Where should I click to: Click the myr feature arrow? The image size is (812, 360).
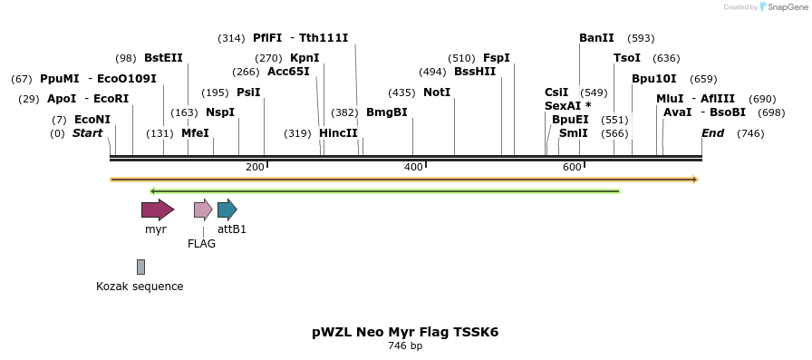tap(157, 210)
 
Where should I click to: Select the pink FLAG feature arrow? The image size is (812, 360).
tap(203, 210)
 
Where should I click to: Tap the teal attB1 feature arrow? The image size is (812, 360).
tap(227, 210)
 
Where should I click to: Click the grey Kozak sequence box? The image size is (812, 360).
tap(140, 267)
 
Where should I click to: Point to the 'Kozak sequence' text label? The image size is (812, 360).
tap(140, 287)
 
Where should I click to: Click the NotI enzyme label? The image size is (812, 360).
tap(437, 92)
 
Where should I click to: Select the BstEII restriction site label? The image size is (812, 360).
tap(163, 58)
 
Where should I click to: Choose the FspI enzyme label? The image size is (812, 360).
tap(497, 58)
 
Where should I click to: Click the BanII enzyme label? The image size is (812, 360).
tap(596, 38)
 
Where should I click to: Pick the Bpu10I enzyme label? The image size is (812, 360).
tap(654, 78)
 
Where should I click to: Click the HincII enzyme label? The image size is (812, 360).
tap(338, 133)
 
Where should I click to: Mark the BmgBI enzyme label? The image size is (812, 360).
tap(387, 112)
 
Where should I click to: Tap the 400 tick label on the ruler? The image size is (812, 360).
tap(413, 167)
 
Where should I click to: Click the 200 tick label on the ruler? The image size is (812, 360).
tap(255, 167)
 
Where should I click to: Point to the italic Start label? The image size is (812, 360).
tap(87, 133)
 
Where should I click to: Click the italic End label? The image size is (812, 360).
tap(713, 133)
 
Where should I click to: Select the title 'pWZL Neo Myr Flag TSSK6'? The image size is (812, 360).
tap(405, 332)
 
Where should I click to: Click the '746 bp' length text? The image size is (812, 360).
tap(405, 346)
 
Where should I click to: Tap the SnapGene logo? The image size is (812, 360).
tap(782, 6)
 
